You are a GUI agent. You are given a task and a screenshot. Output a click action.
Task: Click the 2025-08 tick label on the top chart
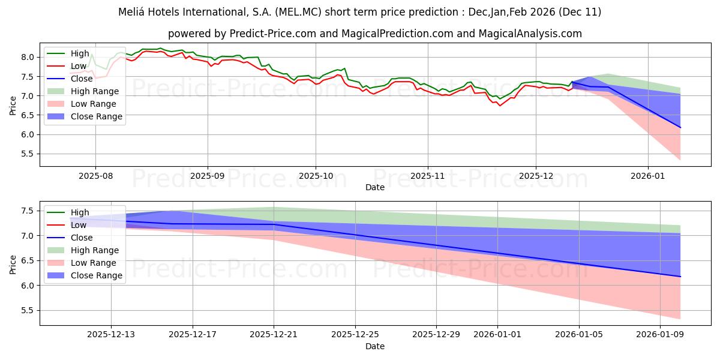tap(95, 176)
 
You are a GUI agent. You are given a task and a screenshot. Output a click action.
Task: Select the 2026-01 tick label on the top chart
tap(648, 176)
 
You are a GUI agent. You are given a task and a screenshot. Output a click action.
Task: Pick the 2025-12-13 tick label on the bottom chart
tap(111, 334)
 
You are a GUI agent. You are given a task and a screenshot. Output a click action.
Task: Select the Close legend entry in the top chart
tap(82, 79)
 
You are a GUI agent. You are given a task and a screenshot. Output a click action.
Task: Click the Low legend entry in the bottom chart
tap(79, 225)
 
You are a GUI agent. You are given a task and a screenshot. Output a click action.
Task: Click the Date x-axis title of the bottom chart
tap(375, 346)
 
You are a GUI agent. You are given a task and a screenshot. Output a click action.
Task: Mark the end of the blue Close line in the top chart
tap(680, 127)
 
